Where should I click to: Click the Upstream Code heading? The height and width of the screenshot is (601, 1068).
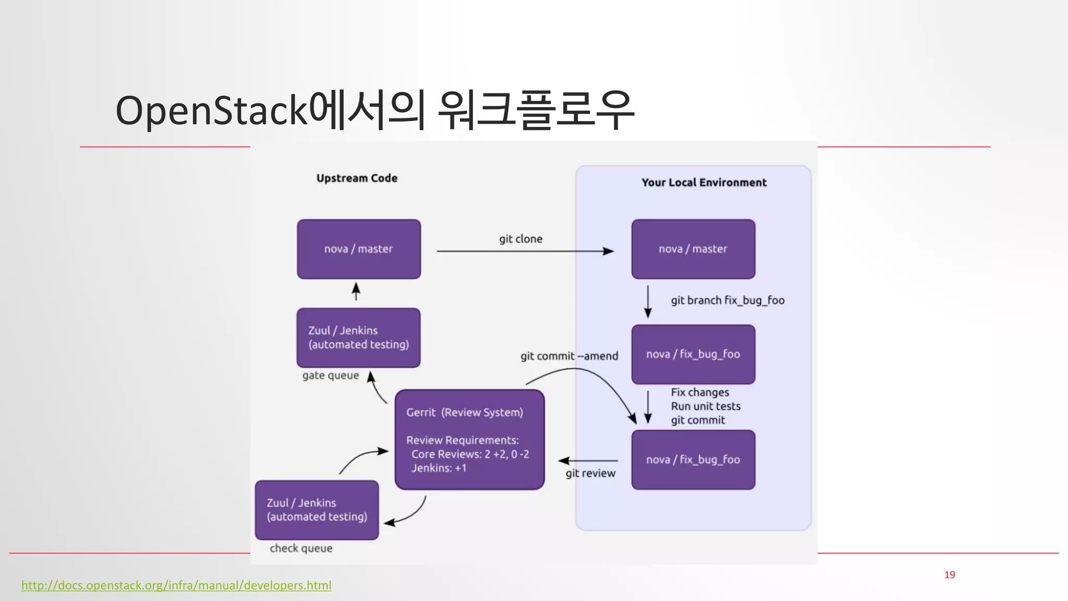[357, 178]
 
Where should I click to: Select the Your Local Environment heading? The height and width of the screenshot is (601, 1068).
[703, 183]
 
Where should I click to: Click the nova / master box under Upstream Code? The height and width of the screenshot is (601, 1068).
[359, 249]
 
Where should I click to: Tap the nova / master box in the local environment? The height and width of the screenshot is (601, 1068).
[693, 249]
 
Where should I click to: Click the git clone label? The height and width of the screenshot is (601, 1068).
[520, 239]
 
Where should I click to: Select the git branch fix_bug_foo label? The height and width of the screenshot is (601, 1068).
[727, 300]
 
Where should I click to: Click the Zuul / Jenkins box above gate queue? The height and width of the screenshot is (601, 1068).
[358, 338]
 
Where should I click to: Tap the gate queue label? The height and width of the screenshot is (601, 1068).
[331, 376]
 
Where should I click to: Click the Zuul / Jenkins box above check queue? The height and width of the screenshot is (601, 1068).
[317, 510]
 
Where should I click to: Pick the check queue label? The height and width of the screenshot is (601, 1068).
[301, 548]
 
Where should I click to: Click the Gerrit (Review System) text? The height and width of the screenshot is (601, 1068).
[464, 412]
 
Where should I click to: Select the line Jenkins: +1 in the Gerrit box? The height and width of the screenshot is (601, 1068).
[439, 468]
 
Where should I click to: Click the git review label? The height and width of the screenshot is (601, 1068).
[590, 473]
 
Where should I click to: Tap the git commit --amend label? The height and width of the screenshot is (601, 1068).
[569, 356]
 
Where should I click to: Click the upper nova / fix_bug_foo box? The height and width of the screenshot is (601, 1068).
[693, 354]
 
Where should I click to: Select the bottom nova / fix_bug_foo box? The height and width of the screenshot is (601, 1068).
[693, 460]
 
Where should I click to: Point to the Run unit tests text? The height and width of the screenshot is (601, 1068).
[705, 406]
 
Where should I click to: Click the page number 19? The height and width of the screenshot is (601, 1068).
[949, 575]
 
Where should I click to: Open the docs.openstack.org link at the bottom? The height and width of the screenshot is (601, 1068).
[176, 585]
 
